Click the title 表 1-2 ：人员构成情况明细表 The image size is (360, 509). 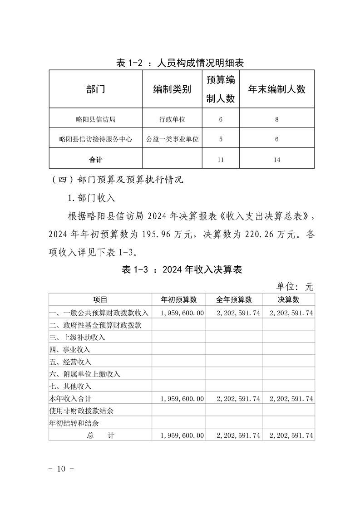pyautogui.click(x=180, y=63)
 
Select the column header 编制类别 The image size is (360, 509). pyautogui.click(x=172, y=89)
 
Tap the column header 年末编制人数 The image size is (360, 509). pyautogui.click(x=277, y=89)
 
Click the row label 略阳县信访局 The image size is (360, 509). pyautogui.click(x=95, y=119)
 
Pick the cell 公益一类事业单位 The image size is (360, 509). pyautogui.click(x=172, y=139)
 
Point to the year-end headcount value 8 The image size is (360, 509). pyautogui.click(x=276, y=119)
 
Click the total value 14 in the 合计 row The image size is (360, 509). pyautogui.click(x=277, y=160)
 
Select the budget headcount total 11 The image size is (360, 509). pyautogui.click(x=221, y=160)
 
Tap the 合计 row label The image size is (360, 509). pyautogui.click(x=95, y=160)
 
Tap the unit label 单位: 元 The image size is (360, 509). pyautogui.click(x=295, y=286)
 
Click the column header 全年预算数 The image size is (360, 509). pyautogui.click(x=234, y=299)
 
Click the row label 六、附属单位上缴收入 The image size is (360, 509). pyautogui.click(x=84, y=374)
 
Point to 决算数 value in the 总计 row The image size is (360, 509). pyautogui.click(x=291, y=435)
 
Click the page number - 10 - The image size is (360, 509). pyautogui.click(x=61, y=468)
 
